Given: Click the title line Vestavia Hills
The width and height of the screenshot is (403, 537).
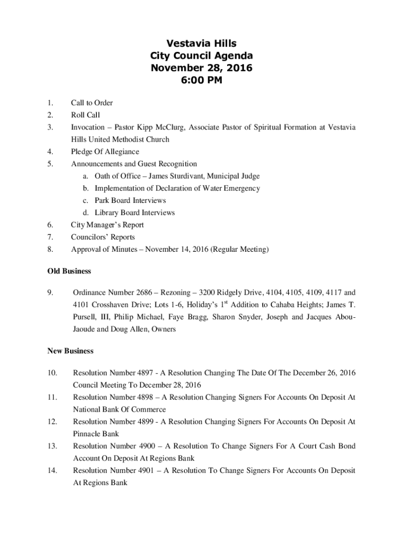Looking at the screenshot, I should (201, 44).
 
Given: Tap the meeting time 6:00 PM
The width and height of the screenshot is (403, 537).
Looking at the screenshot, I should (201, 80).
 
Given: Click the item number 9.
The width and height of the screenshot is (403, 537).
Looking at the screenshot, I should (50, 293).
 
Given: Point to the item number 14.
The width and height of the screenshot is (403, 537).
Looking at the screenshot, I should (52, 470).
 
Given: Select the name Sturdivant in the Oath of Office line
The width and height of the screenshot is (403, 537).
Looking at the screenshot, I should (191, 176).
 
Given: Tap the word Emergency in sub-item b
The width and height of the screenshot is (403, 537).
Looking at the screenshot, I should (242, 188).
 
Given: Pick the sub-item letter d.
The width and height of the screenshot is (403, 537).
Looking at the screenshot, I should (85, 212).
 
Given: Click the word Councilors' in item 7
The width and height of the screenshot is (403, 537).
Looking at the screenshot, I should (87, 237).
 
